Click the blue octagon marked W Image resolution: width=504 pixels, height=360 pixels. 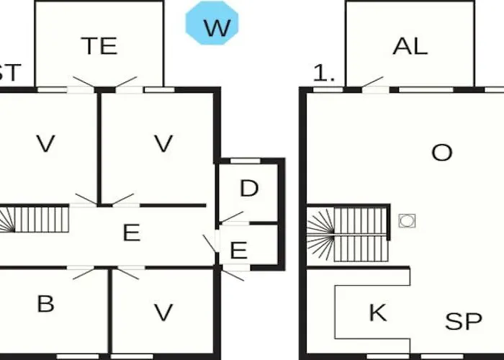point(212,23)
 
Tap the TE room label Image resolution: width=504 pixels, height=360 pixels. point(99,46)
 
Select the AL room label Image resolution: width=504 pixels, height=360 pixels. point(410,46)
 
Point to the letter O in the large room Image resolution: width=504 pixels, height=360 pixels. point(442,153)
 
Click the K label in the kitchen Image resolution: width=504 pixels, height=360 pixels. point(378,312)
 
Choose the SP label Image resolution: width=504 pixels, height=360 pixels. point(464,321)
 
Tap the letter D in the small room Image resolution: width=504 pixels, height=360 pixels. point(249,189)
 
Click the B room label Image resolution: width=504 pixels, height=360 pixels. point(45,304)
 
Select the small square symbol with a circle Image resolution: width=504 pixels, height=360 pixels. point(407,221)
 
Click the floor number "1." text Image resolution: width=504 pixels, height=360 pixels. point(324,73)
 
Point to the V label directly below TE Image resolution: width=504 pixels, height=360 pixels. point(163,143)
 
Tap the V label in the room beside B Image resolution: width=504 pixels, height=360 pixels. point(163,312)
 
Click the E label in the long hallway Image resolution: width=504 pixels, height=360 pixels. point(132,233)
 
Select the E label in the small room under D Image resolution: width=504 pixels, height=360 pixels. point(239,251)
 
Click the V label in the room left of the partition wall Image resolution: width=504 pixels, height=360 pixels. point(45,143)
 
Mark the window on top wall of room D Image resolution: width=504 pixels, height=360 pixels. point(246,161)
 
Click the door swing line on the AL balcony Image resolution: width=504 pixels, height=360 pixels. point(372,81)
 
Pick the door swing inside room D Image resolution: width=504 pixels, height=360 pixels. point(232,217)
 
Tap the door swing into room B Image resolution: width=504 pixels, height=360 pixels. point(84,274)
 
